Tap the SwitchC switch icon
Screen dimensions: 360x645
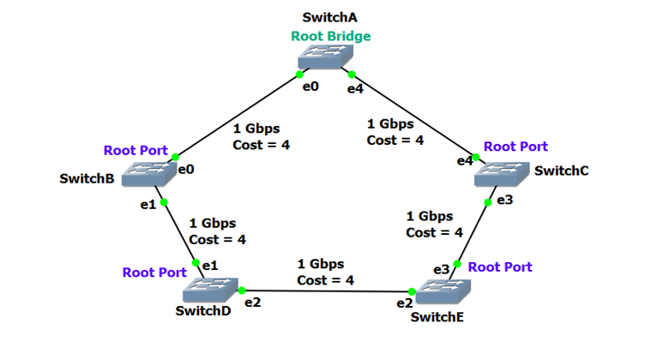click(x=502, y=174)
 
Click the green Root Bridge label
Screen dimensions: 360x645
click(x=330, y=36)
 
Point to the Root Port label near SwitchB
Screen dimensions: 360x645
click(x=136, y=150)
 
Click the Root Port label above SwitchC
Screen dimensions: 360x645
click(x=515, y=147)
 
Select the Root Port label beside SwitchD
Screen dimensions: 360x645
click(x=154, y=272)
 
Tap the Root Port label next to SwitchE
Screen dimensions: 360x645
click(x=500, y=267)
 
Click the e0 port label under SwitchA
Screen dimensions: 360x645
click(x=310, y=86)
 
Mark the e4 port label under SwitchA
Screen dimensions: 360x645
click(x=356, y=87)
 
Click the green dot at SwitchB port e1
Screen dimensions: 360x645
click(x=165, y=202)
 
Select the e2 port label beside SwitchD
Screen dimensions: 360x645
click(x=252, y=302)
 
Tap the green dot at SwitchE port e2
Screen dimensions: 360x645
click(x=418, y=295)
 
